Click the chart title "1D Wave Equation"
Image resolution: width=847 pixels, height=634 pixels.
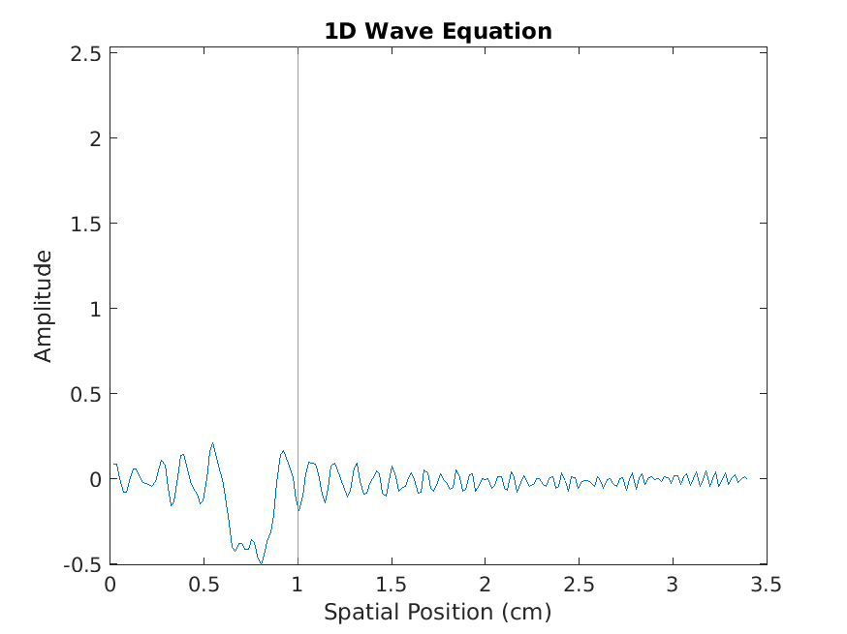click(438, 31)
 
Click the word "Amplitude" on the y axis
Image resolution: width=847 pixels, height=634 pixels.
click(44, 306)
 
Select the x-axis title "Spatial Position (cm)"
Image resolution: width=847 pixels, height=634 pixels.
click(437, 612)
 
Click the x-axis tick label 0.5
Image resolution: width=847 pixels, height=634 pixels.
click(204, 586)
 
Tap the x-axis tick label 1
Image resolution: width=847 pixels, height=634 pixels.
click(298, 586)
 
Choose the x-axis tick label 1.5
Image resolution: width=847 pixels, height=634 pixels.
click(392, 586)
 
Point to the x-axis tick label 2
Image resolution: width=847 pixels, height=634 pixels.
click(485, 586)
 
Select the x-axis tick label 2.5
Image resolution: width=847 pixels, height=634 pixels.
click(579, 586)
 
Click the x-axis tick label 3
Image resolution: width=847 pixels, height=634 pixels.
click(673, 586)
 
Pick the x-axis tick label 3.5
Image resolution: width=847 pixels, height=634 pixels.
click(767, 586)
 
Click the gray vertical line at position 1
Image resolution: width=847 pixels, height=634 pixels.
click(298, 290)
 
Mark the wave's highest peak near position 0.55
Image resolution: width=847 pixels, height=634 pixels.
click(212, 443)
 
